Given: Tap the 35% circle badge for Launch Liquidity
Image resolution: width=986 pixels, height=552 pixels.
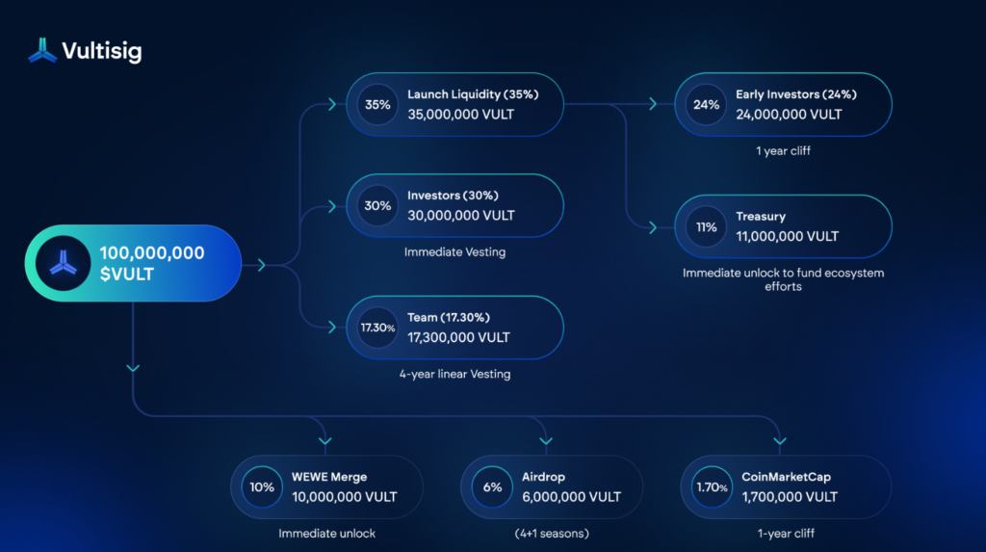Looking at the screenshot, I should coord(377,104).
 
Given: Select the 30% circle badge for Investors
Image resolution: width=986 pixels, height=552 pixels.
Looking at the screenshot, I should coord(377,205).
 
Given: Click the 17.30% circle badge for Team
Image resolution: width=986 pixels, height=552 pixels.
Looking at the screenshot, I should coord(377,328).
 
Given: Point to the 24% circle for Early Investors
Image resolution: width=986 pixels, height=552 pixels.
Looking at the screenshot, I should coord(707,104).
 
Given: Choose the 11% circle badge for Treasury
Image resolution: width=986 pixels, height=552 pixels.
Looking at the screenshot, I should coord(707,227).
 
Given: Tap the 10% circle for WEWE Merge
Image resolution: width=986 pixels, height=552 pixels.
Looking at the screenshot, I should coord(262,487).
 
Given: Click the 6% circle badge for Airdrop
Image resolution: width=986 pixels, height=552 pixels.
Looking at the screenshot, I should coord(493,487).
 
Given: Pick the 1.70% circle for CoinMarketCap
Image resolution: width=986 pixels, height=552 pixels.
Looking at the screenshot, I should coord(712,487).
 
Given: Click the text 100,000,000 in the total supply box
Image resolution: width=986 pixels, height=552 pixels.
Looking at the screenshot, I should coord(152,252).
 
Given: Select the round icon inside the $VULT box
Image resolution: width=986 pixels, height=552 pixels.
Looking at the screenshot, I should coord(62,263).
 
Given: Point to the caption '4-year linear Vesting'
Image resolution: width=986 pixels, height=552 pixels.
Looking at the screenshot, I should coord(454,374).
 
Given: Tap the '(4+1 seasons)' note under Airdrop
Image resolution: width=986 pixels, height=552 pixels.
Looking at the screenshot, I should coord(551,533).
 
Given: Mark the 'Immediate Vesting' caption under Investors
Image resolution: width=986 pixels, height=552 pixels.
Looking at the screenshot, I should coord(454,252).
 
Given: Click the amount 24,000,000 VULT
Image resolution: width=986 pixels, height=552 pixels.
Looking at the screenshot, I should coord(789,114).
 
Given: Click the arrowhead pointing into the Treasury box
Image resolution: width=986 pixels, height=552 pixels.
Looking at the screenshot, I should coord(653,227).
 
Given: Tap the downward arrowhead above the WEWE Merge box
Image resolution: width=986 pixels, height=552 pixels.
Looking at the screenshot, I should coord(324,441).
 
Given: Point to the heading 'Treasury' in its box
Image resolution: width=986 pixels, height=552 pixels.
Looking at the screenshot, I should coord(761,217).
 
